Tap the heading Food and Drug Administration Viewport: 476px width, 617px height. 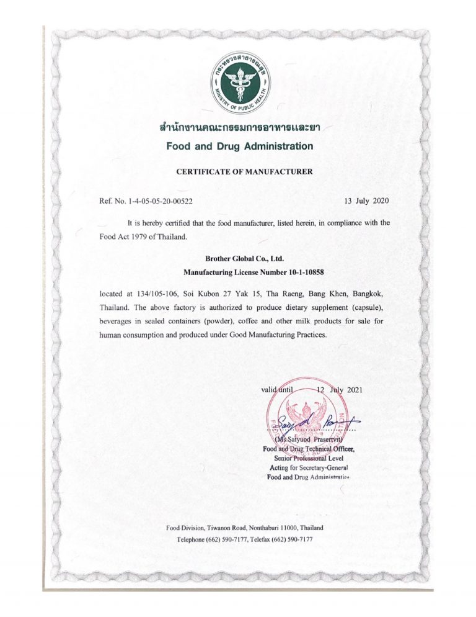(239, 146)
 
